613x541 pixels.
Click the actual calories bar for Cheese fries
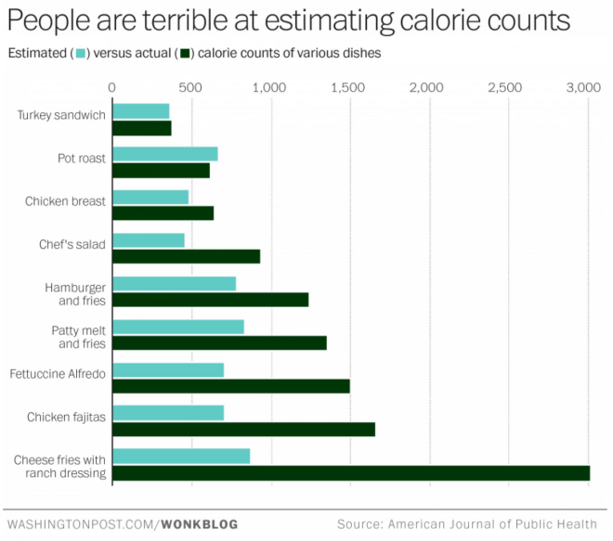coord(351,473)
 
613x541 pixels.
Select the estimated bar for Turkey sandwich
coord(141,111)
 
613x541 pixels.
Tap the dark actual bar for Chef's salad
coord(186,256)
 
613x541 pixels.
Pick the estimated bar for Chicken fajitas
coord(168,413)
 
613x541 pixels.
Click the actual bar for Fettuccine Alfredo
coord(231,386)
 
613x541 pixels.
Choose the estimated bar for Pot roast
coord(165,154)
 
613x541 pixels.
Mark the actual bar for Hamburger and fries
coord(210,300)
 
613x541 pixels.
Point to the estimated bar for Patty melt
coord(178,327)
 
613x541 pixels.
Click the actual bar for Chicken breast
coord(163,213)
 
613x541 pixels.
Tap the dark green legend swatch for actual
coord(186,54)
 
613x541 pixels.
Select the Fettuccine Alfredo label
coord(58,373)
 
